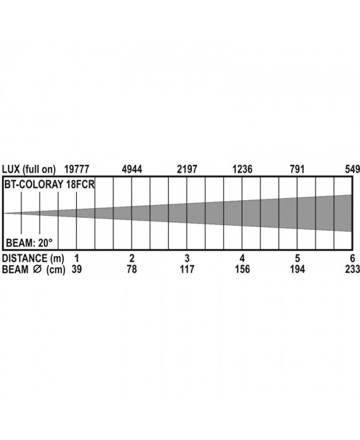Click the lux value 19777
(x=77, y=169)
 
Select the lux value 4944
(x=132, y=169)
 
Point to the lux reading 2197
(x=187, y=169)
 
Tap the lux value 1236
(x=242, y=169)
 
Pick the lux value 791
(x=297, y=169)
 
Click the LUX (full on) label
(x=29, y=170)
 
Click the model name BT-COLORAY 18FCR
(x=49, y=185)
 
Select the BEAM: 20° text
(x=29, y=243)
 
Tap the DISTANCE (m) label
(x=33, y=258)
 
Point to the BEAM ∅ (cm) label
(x=34, y=269)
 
